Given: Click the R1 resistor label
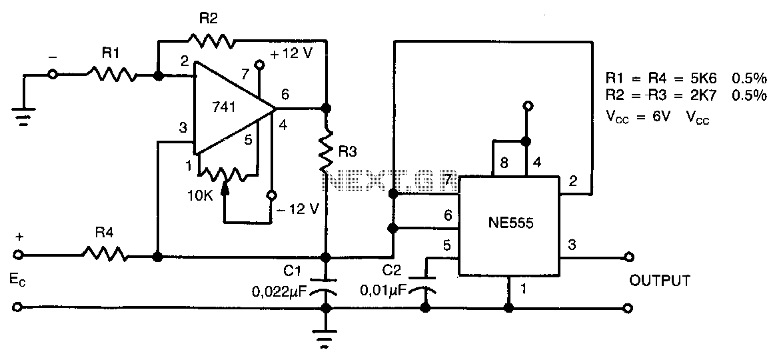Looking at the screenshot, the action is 111,54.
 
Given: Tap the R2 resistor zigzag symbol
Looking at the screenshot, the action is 211,40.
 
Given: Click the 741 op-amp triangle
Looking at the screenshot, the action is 233,107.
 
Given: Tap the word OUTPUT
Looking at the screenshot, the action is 659,281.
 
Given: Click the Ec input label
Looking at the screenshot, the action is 17,280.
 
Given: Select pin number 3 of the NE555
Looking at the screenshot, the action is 573,244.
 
